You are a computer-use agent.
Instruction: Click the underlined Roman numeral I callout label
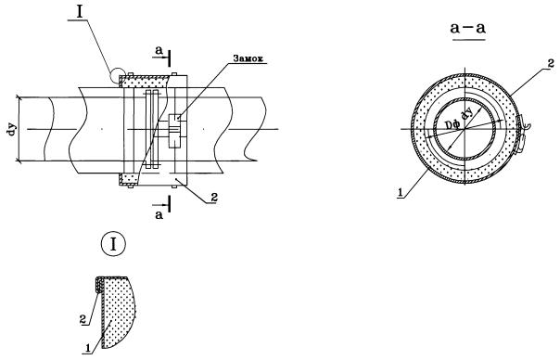(80, 12)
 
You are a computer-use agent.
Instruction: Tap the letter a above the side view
(159, 51)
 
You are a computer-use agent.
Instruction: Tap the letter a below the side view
(159, 215)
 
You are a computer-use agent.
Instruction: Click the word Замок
(248, 58)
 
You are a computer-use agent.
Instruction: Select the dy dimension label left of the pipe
(11, 129)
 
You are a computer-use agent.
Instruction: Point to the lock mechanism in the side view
(174, 131)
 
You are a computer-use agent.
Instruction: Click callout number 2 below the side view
(213, 198)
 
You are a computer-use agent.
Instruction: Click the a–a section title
(468, 28)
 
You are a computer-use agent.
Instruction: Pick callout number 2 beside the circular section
(551, 63)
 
